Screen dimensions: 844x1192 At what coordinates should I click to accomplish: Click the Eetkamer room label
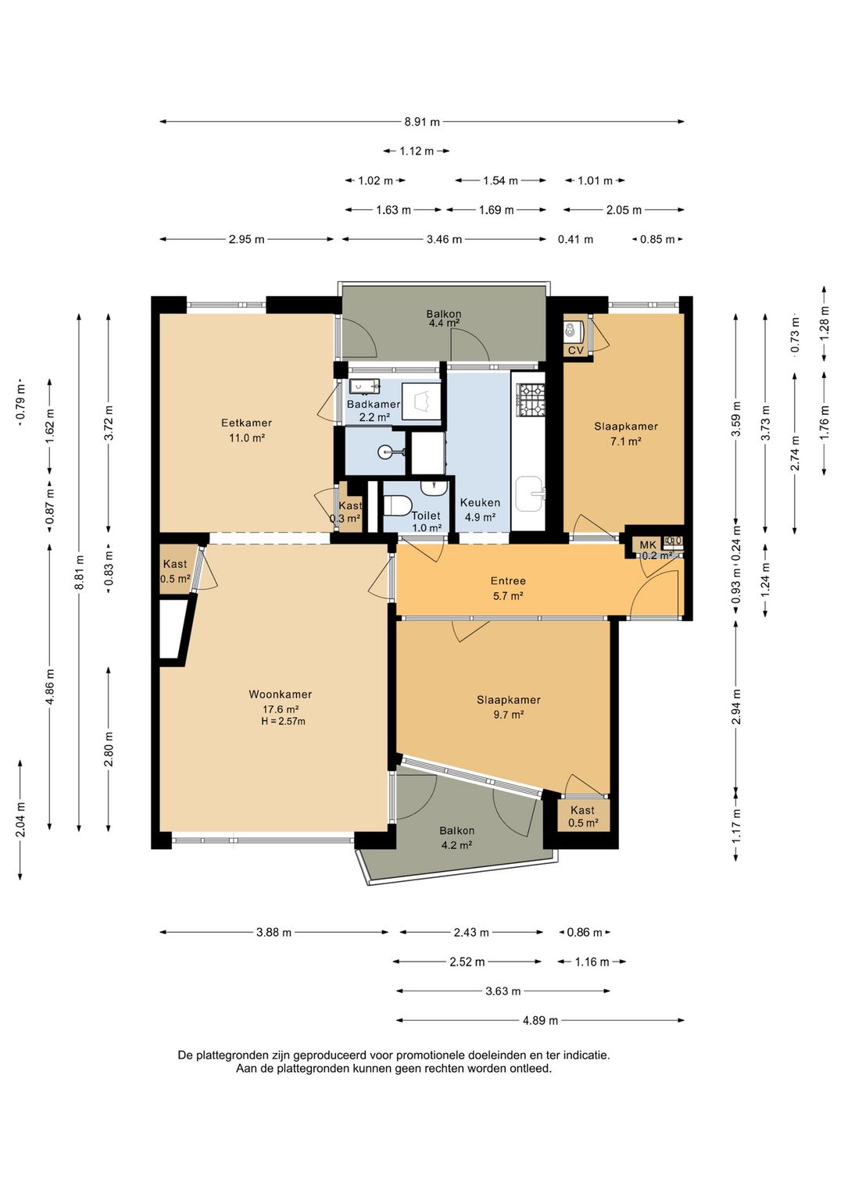(x=246, y=423)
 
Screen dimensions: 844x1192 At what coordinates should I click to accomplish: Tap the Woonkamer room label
(x=280, y=694)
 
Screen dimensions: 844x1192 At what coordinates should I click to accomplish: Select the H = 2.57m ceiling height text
(x=281, y=722)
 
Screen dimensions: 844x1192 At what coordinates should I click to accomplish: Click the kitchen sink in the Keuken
(x=530, y=494)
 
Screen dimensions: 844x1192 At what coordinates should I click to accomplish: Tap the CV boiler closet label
(x=576, y=351)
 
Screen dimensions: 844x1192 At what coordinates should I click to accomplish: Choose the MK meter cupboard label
(x=648, y=545)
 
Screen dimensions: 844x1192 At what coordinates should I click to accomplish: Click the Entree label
(x=508, y=581)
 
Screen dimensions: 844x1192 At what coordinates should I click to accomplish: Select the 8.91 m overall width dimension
(x=422, y=122)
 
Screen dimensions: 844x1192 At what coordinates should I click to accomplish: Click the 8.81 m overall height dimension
(x=80, y=573)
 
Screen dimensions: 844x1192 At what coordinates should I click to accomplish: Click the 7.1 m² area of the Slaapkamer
(x=626, y=441)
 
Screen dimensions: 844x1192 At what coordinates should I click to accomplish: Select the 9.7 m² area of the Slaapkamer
(x=509, y=715)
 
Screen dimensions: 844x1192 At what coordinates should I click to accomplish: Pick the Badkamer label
(x=374, y=405)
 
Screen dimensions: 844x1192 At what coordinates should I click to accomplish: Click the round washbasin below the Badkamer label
(x=387, y=453)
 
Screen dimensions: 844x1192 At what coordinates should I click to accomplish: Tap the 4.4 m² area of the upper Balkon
(x=444, y=323)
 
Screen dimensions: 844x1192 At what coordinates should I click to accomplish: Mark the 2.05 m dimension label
(x=624, y=210)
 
